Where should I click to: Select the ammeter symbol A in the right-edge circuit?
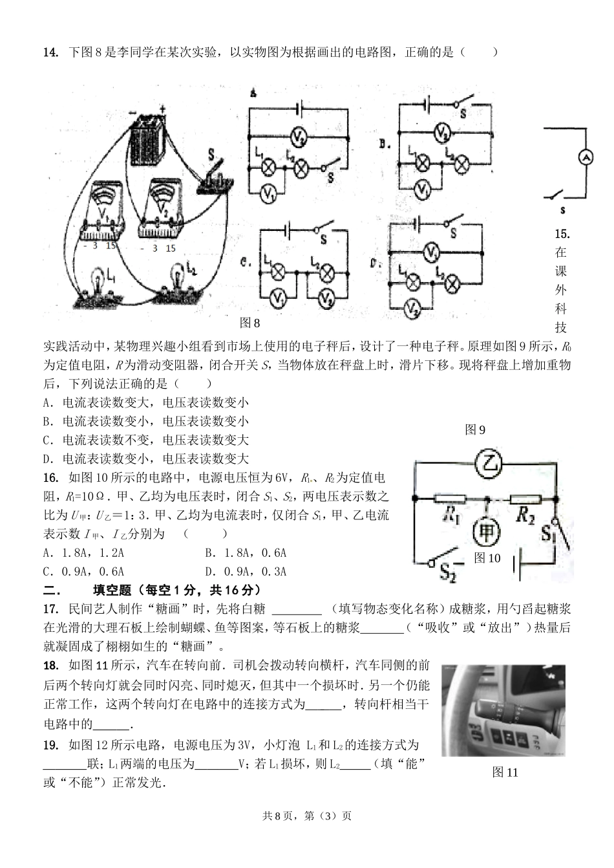(584, 158)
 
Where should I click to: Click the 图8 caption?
(249, 323)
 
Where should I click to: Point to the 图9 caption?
(475, 429)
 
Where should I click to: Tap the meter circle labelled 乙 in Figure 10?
(489, 464)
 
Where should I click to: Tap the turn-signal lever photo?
(503, 710)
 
